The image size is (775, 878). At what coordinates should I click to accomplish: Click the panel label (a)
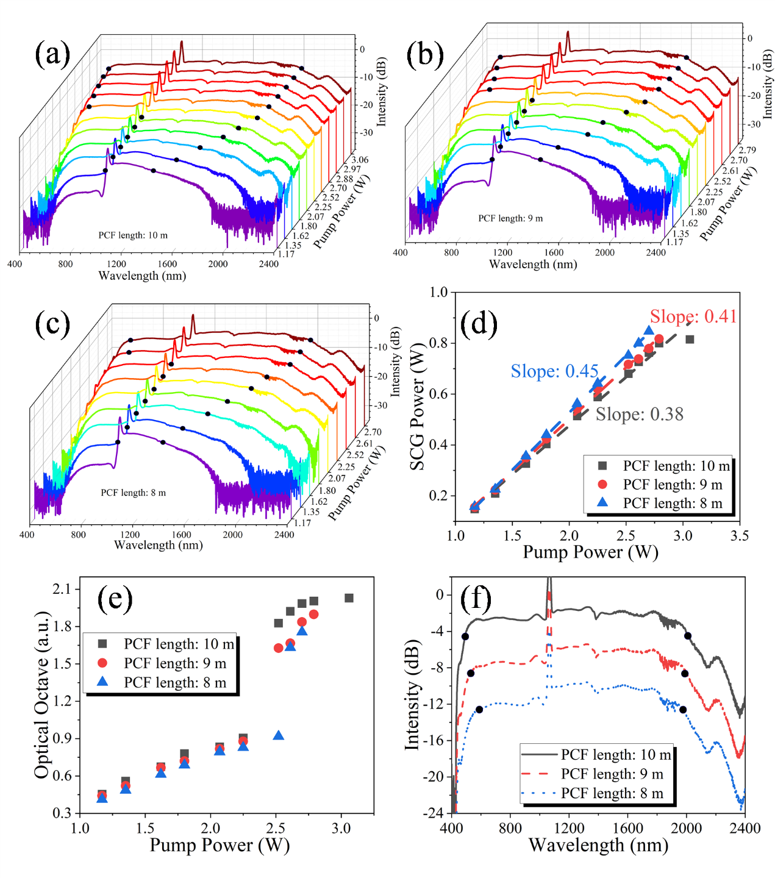[x=52, y=54]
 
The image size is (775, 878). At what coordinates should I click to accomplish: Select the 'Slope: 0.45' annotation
[x=554, y=371]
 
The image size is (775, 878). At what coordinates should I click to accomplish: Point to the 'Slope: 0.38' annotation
[x=639, y=415]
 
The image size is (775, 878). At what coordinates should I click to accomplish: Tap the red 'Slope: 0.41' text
[x=693, y=316]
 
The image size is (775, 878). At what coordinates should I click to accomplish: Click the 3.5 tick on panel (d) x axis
[x=739, y=536]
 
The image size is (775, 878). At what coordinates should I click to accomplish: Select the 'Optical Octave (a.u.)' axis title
[x=41, y=696]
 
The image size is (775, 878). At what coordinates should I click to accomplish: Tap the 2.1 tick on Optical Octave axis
[x=62, y=589]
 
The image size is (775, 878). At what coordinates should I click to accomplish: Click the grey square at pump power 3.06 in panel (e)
[x=349, y=598]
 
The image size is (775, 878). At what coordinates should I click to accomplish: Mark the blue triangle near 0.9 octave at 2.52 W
[x=279, y=736]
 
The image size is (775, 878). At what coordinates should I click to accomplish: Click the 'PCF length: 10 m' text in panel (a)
[x=133, y=235]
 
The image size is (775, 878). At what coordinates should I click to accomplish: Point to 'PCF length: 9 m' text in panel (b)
[x=510, y=218]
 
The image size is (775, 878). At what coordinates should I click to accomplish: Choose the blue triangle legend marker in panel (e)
[x=102, y=681]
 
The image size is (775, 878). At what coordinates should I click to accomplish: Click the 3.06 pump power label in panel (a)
[x=360, y=160]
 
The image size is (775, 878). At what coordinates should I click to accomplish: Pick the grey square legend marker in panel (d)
[x=602, y=466]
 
